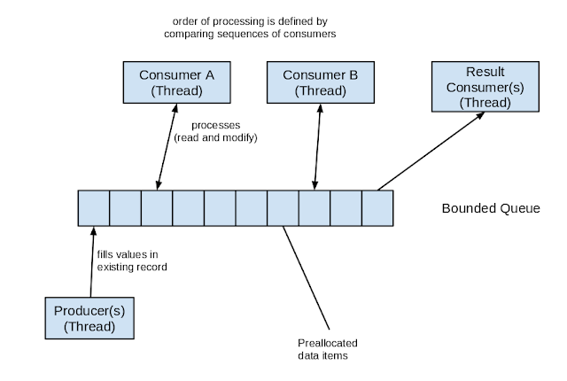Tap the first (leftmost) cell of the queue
coord(93,207)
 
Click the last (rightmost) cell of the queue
coord(377,207)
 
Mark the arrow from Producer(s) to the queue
coord(91,261)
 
